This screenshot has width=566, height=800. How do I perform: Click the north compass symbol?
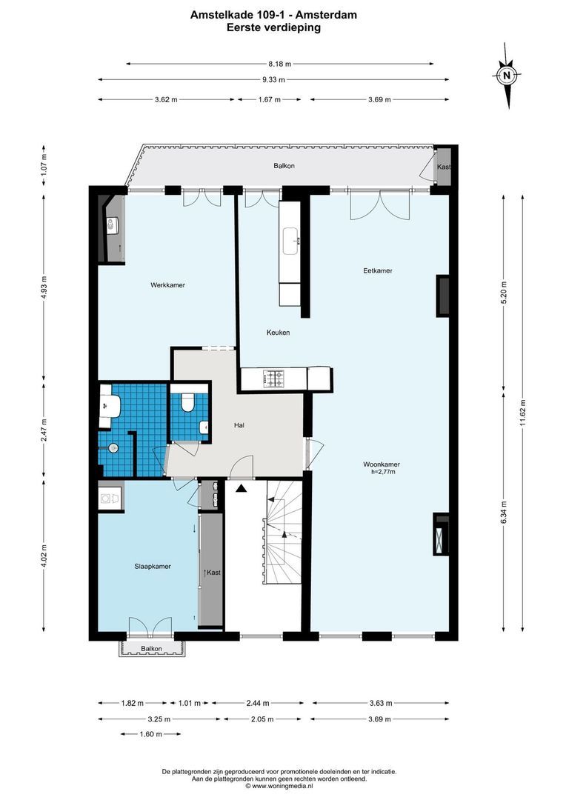(x=507, y=75)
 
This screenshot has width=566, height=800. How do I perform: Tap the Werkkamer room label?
(x=167, y=284)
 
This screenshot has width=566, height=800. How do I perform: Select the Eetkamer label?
(x=378, y=270)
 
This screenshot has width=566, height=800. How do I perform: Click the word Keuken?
(x=278, y=333)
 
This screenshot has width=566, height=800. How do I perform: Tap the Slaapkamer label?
(x=153, y=566)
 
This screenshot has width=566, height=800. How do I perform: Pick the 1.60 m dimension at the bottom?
(x=151, y=734)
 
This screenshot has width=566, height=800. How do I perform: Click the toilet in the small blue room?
(x=188, y=402)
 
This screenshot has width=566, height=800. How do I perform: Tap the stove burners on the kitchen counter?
(x=274, y=379)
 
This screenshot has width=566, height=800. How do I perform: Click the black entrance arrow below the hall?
(x=241, y=487)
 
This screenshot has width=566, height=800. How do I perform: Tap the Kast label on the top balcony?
(x=443, y=167)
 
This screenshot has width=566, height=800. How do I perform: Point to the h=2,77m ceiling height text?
(x=383, y=472)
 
